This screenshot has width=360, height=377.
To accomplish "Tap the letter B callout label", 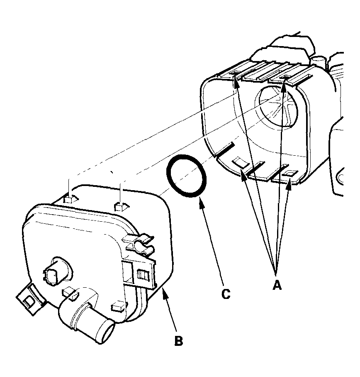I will (x=178, y=341).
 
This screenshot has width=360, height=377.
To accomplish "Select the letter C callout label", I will (x=225, y=294).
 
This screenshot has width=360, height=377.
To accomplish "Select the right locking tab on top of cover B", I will (x=120, y=206).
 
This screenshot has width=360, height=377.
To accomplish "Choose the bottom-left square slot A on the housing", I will (x=239, y=163).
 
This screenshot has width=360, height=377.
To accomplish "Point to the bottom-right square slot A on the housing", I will (x=292, y=173).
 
